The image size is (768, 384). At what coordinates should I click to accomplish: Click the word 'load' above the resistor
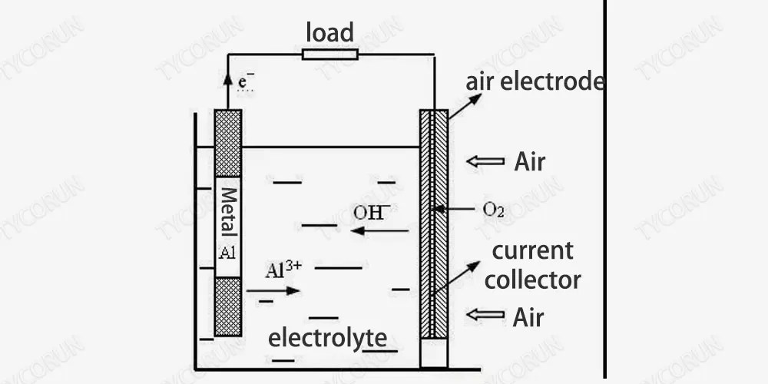329,33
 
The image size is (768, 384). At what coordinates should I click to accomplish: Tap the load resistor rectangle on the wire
329,54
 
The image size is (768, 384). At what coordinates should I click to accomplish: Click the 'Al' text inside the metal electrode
227,254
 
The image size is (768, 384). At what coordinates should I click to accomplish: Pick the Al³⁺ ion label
285,270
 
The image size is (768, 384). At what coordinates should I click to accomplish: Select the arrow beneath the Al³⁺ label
273,291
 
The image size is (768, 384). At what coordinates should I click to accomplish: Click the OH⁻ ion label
372,212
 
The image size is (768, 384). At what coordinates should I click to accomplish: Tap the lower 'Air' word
528,316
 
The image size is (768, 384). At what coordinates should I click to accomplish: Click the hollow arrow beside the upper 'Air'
486,162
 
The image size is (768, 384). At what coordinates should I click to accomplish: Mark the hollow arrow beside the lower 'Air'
486,316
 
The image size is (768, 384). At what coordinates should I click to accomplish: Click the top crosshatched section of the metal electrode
228,144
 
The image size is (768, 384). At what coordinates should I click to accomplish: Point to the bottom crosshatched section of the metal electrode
228,306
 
